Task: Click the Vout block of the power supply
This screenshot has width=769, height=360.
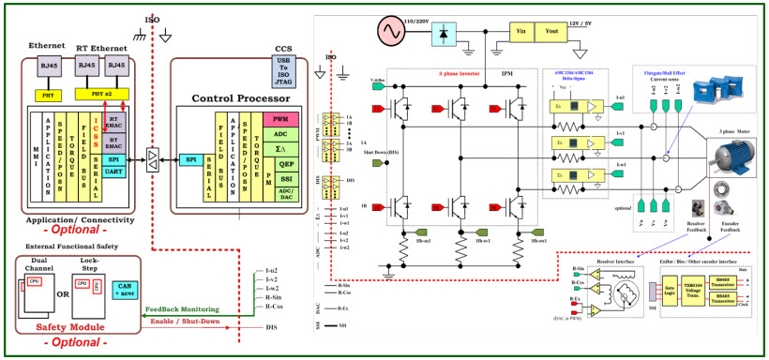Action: point(550,30)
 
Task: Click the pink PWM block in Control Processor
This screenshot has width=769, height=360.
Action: point(280,120)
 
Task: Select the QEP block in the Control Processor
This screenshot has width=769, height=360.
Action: point(280,163)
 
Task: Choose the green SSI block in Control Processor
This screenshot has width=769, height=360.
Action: point(280,178)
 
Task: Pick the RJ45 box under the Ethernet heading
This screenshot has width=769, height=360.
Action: point(46,66)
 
